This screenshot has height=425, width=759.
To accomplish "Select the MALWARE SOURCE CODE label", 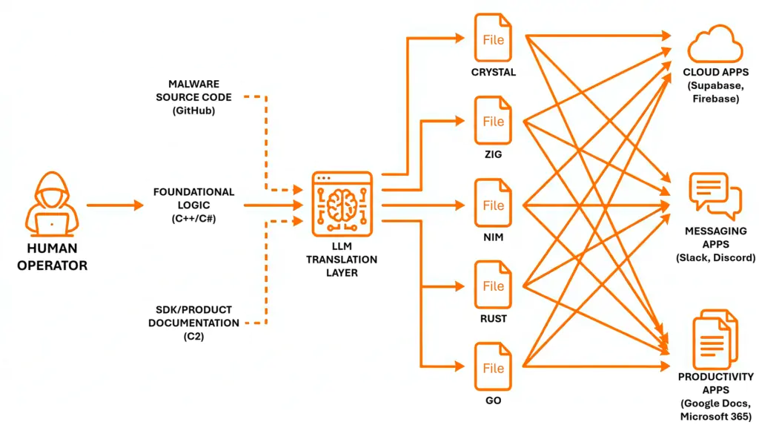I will coord(193,90).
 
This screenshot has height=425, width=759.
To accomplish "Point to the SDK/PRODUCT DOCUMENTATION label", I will coord(193,316).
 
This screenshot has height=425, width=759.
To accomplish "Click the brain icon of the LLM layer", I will coord(342,201).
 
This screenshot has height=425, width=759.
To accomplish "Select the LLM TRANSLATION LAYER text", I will coord(342,260).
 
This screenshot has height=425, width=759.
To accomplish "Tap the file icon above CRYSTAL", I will coord(493,39).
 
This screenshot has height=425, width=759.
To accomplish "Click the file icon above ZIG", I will coord(493,122).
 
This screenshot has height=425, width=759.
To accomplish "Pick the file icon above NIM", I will coord(493,205).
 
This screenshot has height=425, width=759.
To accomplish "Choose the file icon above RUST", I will coord(493,286).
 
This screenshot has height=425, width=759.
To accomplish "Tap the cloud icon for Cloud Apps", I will coord(715,44).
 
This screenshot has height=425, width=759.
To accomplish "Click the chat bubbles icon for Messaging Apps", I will coord(715,194).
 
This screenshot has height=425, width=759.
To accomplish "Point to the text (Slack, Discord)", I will coord(715,257).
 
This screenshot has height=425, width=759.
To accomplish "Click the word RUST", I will coord(493,319).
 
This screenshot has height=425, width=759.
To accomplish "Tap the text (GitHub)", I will coord(193,110).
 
